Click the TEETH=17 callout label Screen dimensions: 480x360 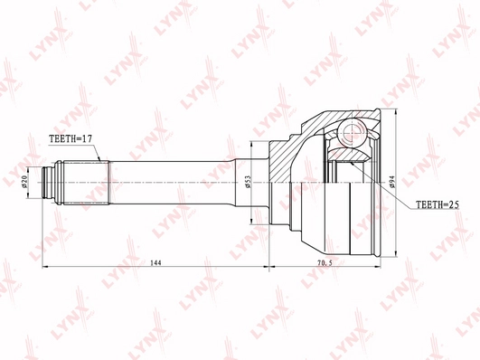click(71, 138)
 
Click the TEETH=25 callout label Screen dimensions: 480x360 click(438, 204)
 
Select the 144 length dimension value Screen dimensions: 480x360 click(155, 262)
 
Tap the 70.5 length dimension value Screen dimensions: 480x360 click(325, 262)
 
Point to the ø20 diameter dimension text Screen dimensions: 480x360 click(25, 183)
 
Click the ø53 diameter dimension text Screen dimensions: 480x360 click(248, 183)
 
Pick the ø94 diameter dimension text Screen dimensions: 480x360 click(392, 183)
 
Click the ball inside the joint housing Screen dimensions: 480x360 click(352, 133)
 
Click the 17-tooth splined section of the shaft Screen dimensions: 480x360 click(86, 183)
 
